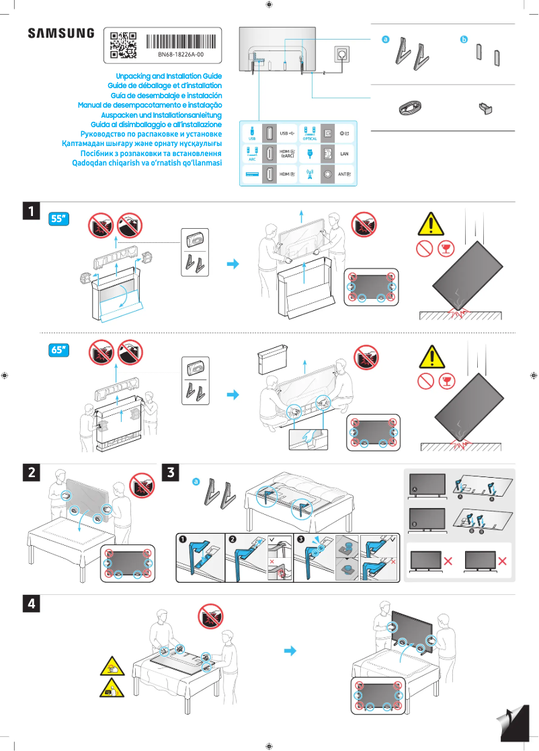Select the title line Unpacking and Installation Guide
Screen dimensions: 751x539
[169, 77]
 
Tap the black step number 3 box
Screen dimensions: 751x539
[172, 472]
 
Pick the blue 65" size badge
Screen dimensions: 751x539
[60, 350]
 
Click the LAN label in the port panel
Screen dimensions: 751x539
[345, 154]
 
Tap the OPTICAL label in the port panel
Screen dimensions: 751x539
[310, 139]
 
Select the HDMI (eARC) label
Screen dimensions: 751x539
[288, 154]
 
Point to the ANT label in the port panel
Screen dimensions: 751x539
[345, 174]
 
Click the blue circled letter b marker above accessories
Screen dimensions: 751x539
[463, 40]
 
